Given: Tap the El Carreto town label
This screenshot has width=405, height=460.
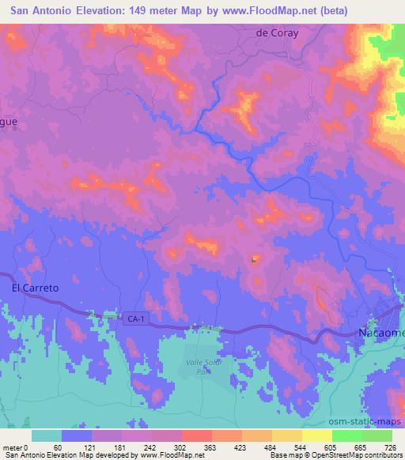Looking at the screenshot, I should [36, 288].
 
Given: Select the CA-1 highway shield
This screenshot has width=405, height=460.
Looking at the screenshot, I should [134, 319].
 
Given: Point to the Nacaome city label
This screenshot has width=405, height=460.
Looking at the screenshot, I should [383, 334].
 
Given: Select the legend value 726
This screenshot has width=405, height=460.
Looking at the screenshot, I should [390, 447].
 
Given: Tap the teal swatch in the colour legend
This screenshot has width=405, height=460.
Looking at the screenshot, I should [47, 435].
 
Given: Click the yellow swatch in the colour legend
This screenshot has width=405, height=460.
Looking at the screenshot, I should [317, 435].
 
